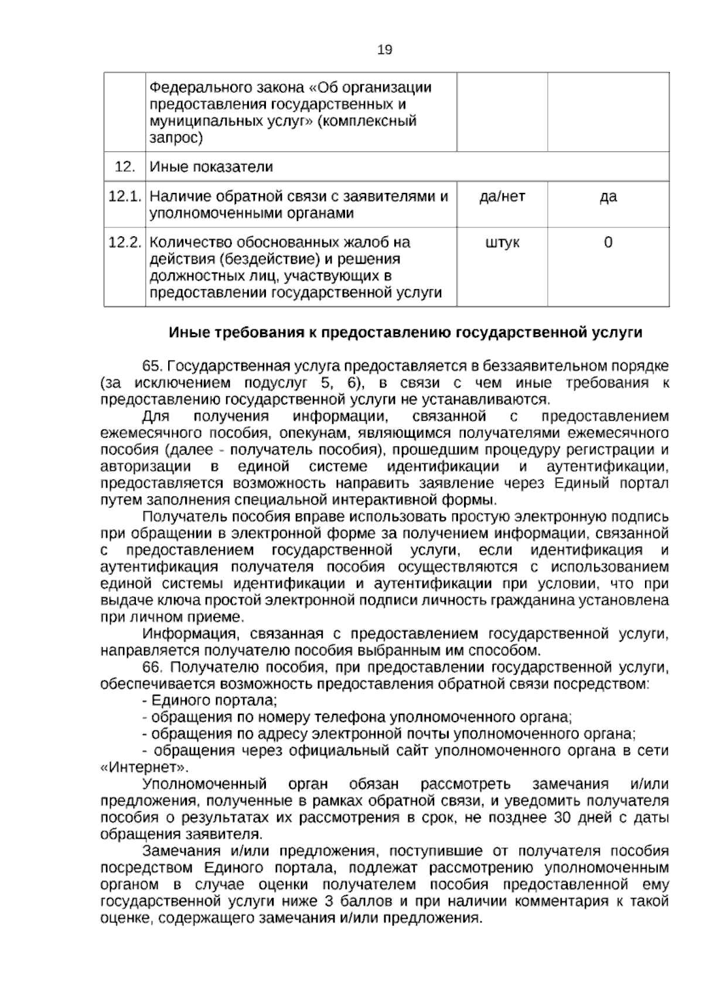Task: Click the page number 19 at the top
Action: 384,50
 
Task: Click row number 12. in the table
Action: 125,167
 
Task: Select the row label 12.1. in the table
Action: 125,196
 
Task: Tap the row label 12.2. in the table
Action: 125,242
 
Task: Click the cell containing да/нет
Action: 502,196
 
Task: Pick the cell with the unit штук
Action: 502,242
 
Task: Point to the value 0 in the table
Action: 608,242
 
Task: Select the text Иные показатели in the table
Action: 211,167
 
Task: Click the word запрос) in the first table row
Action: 176,138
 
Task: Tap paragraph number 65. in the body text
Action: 153,366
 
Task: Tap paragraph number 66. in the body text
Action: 153,667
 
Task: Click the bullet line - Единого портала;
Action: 210,700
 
